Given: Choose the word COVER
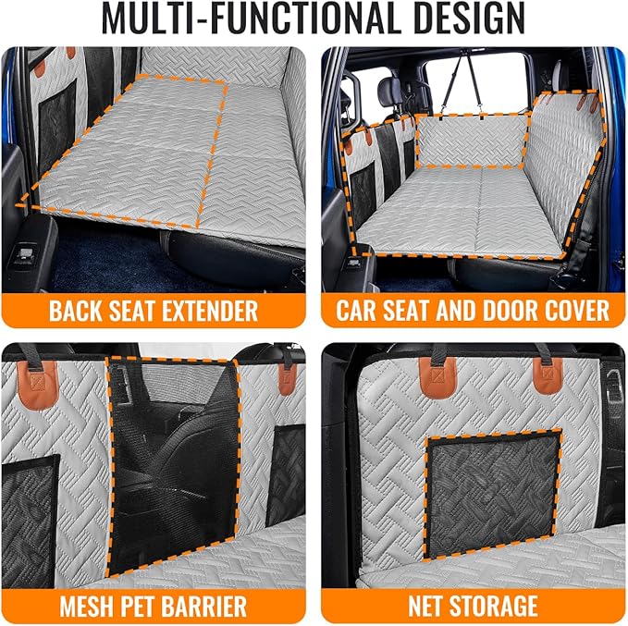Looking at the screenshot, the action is (x=575, y=311).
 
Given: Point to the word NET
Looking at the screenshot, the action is (x=425, y=606).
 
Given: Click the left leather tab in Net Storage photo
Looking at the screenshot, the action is (x=437, y=377).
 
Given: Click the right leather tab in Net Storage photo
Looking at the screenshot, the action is (x=548, y=375).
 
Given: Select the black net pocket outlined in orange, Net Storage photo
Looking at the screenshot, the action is (x=493, y=494).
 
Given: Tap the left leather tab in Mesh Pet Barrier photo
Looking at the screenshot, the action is (x=39, y=386).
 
